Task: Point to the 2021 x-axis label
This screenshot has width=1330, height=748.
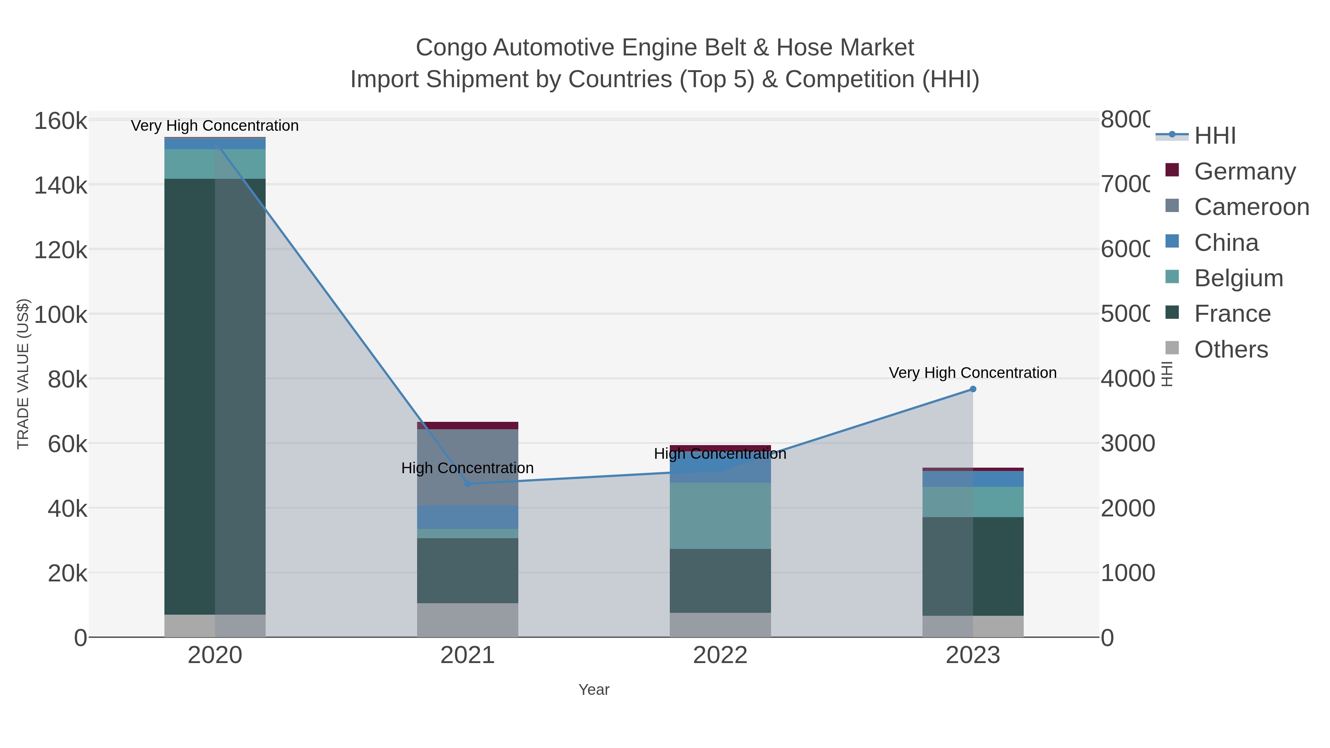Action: click(x=467, y=655)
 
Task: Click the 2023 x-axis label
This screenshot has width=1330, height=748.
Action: click(x=973, y=655)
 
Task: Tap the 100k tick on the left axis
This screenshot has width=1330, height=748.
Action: click(x=61, y=314)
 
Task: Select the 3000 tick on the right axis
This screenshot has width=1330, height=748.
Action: click(x=1128, y=443)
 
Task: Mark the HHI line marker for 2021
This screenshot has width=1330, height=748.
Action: click(x=467, y=484)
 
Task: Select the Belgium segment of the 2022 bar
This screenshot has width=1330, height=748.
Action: click(x=720, y=516)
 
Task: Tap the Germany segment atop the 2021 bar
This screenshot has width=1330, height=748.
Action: click(x=467, y=426)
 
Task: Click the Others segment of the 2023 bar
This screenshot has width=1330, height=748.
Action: click(x=973, y=626)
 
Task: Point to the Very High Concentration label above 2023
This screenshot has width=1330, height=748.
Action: click(x=973, y=373)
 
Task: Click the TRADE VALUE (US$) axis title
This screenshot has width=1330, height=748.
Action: click(x=23, y=374)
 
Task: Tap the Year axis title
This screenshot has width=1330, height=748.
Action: click(x=594, y=690)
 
